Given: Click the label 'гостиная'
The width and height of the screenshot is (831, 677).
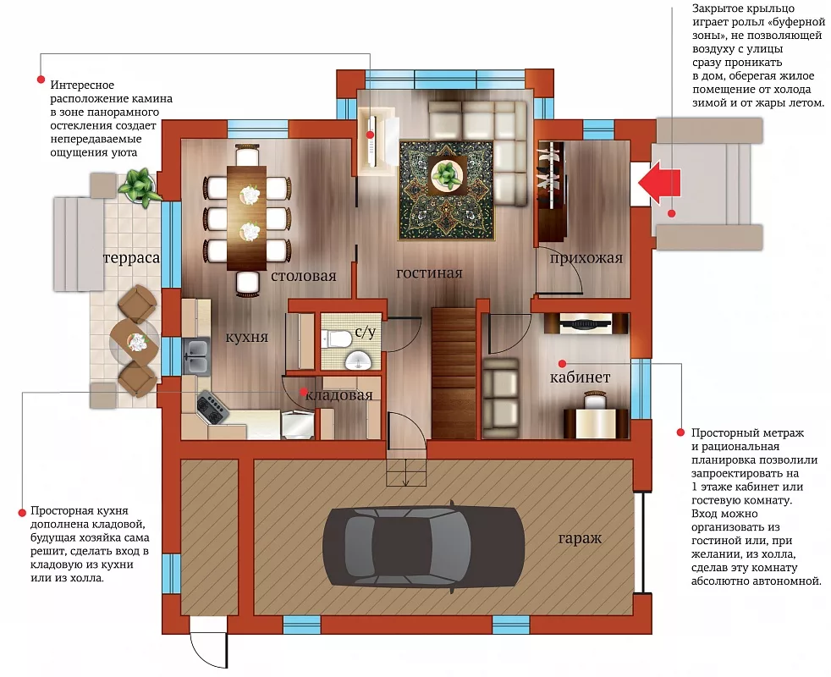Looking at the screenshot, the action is [x=429, y=273].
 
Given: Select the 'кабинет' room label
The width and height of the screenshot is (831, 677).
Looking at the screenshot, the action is [x=580, y=377].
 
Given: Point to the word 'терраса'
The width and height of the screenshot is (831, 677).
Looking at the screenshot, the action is [x=131, y=258].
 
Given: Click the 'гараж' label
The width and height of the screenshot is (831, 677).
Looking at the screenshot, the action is [x=580, y=538].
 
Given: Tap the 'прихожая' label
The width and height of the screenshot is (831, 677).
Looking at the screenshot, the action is [x=586, y=259].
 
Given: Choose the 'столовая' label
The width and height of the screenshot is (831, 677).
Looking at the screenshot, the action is [x=304, y=276].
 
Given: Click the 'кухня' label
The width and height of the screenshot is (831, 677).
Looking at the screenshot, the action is [x=246, y=337].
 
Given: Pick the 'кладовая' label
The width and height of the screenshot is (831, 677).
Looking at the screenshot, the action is [x=338, y=395].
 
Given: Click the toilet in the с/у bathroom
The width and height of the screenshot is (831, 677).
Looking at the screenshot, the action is [x=335, y=338].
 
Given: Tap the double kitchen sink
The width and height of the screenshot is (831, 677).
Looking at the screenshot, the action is [x=196, y=355].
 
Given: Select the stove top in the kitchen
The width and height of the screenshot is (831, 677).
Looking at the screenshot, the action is [x=212, y=408].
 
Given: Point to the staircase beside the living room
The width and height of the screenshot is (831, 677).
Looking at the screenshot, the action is [x=454, y=372].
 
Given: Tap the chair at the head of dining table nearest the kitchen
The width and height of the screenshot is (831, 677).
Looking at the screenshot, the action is [x=247, y=283].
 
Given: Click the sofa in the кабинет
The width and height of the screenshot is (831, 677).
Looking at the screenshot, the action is [x=500, y=394].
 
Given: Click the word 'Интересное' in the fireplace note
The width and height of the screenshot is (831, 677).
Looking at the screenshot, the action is [x=82, y=85].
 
